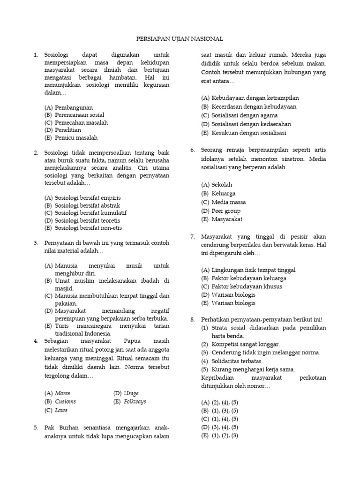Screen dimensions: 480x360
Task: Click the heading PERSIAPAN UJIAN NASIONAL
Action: [x=180, y=39]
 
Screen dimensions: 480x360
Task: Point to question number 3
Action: [x=36, y=243]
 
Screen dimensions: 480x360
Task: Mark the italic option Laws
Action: [x=61, y=410]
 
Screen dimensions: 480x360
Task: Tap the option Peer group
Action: [x=227, y=210]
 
